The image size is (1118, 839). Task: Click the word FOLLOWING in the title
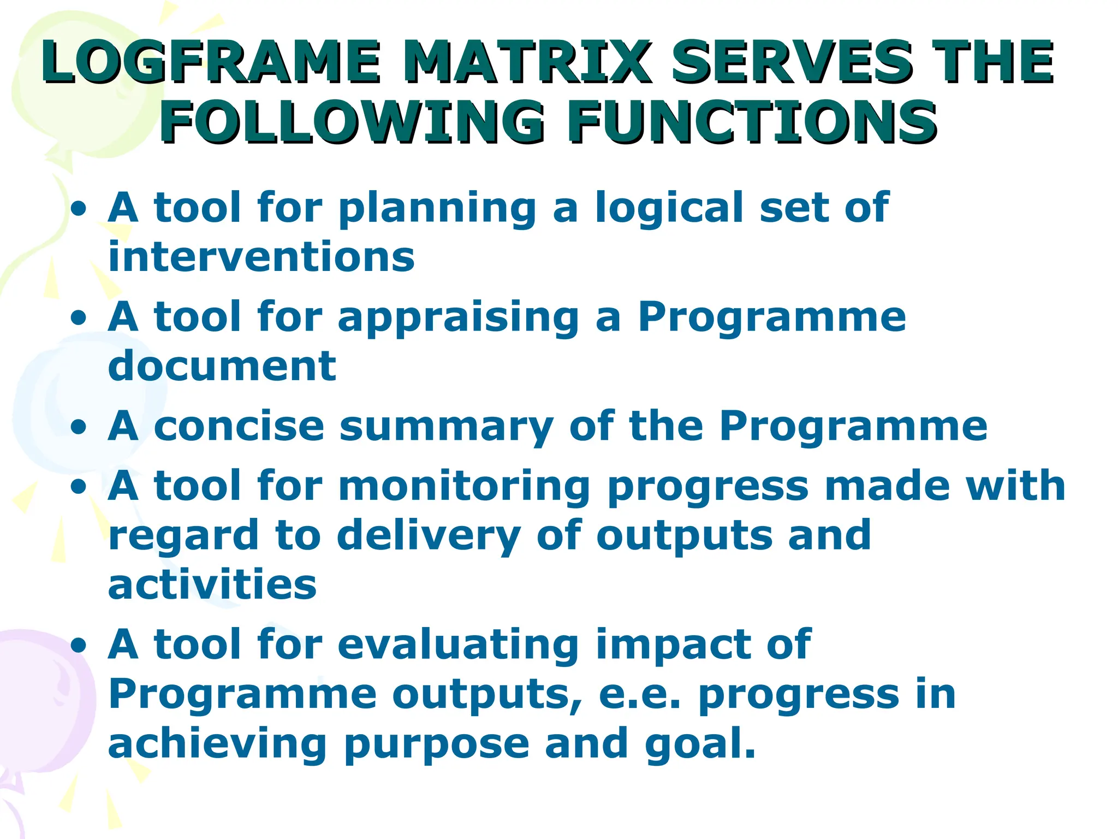tap(352, 122)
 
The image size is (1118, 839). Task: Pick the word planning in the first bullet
tap(437, 209)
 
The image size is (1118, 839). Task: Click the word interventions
tap(261, 257)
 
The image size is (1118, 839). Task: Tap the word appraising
tap(459, 318)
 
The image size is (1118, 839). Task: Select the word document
tap(222, 366)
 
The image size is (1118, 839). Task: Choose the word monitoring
tap(465, 486)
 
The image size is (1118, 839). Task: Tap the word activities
tap(212, 584)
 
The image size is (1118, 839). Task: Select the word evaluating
tap(459, 645)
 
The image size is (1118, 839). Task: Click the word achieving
tap(217, 744)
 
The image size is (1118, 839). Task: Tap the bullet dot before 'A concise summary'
tap(79, 427)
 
